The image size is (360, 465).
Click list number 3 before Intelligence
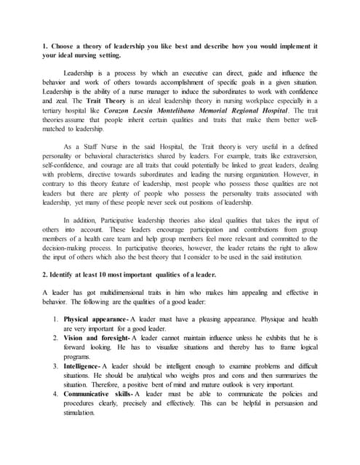pyautogui.click(x=57, y=365)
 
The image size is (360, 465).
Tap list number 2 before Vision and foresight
pyautogui.click(x=57, y=338)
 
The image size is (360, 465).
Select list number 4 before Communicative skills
pyautogui.click(x=57, y=393)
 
